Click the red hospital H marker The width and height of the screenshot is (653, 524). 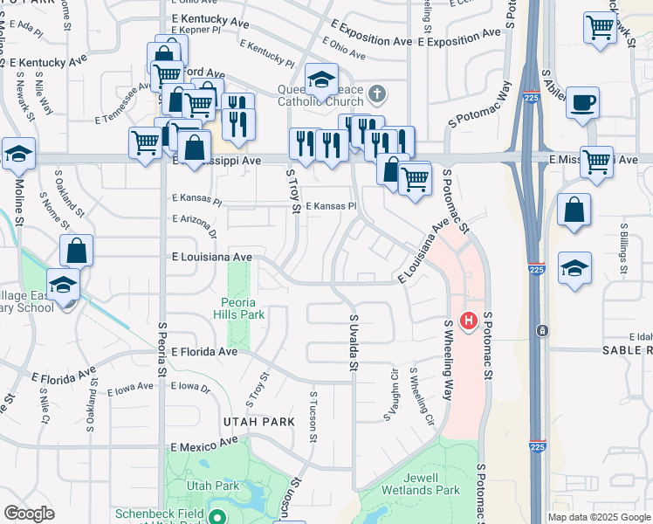[x=469, y=321]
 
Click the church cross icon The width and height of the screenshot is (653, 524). [x=377, y=93]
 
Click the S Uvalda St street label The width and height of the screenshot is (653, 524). [x=354, y=342]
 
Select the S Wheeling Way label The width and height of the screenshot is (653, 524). [x=448, y=359]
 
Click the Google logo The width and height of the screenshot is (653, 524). [x=29, y=514]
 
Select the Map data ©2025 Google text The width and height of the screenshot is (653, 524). [x=598, y=517]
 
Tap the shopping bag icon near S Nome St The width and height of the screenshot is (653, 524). [x=77, y=251]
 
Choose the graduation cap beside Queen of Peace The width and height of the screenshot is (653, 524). [x=321, y=79]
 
